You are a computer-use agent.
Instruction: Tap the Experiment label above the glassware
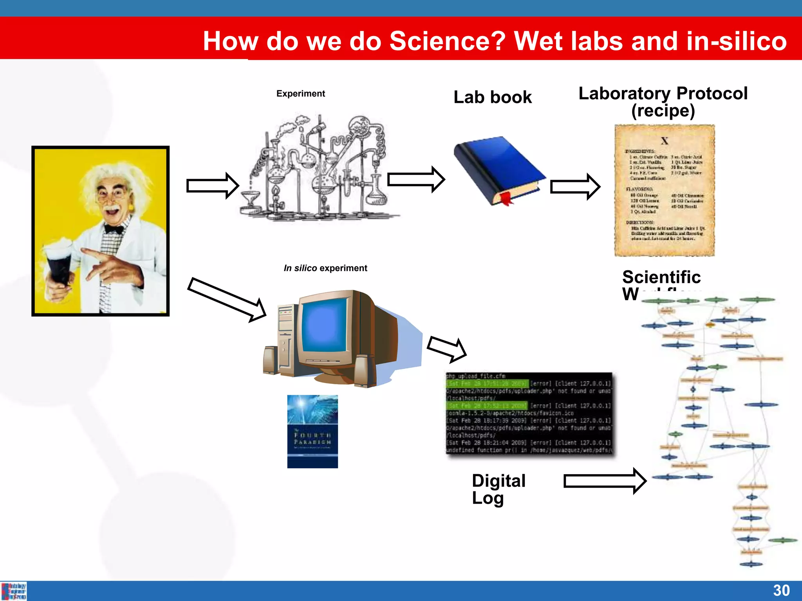(300, 94)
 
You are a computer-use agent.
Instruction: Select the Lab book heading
(492, 97)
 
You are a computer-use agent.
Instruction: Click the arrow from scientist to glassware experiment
(212, 185)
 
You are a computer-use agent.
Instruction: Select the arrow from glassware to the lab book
(415, 180)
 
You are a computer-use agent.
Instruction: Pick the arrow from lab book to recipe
(574, 187)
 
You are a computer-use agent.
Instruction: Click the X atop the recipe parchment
(664, 141)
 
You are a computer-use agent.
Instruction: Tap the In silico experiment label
(325, 268)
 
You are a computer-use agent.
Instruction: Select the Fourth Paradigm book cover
(312, 431)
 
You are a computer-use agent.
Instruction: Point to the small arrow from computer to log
(446, 348)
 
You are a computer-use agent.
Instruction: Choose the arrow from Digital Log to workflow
(604, 481)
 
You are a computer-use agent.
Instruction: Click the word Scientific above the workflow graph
(661, 277)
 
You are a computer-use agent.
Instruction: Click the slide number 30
(781, 590)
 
